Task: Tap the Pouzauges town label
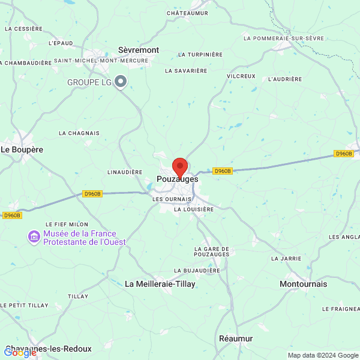click(x=177, y=179)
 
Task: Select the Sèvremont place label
click(x=139, y=50)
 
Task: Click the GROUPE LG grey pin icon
click(x=121, y=81)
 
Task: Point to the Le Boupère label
click(x=22, y=149)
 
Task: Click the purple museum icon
click(x=34, y=238)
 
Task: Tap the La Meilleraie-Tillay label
click(x=160, y=284)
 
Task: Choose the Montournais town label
click(x=304, y=284)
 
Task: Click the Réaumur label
click(x=236, y=338)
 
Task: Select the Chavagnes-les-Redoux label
click(x=48, y=349)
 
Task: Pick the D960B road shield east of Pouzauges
click(x=222, y=171)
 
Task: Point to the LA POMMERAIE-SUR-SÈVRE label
click(x=284, y=38)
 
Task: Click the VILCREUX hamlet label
click(x=241, y=76)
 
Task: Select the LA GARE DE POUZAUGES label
click(x=212, y=251)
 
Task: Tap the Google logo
click(x=20, y=353)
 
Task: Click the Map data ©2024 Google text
click(x=323, y=355)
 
